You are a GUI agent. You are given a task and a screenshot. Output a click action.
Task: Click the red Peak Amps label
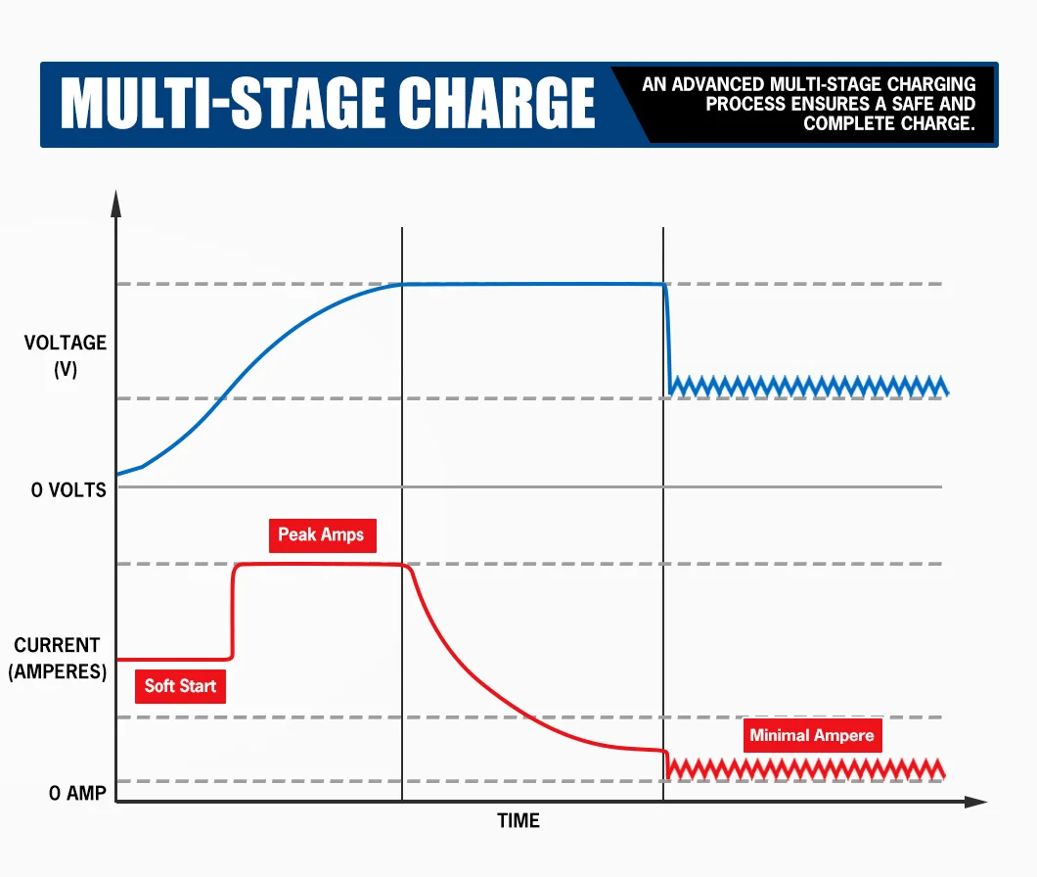(321, 534)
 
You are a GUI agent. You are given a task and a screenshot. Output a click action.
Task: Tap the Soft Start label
(180, 685)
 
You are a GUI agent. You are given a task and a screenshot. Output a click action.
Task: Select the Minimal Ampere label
(811, 735)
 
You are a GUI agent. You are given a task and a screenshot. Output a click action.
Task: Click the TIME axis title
(518, 820)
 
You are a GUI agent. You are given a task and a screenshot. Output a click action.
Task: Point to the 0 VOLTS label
(68, 489)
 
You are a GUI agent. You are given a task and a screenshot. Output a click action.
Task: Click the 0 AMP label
(77, 793)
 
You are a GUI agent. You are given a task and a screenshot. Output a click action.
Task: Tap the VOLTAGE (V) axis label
(66, 356)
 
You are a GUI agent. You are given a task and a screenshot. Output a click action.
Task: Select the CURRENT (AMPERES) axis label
(57, 659)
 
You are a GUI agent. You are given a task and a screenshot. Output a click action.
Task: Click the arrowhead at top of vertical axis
(116, 203)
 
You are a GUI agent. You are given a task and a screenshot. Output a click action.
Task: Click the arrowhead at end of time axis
(975, 802)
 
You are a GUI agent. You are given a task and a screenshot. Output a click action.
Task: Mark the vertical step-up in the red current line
(233, 612)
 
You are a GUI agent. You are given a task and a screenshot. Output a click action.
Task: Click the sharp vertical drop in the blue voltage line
(668, 338)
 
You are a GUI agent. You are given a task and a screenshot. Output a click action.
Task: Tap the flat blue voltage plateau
(533, 284)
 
